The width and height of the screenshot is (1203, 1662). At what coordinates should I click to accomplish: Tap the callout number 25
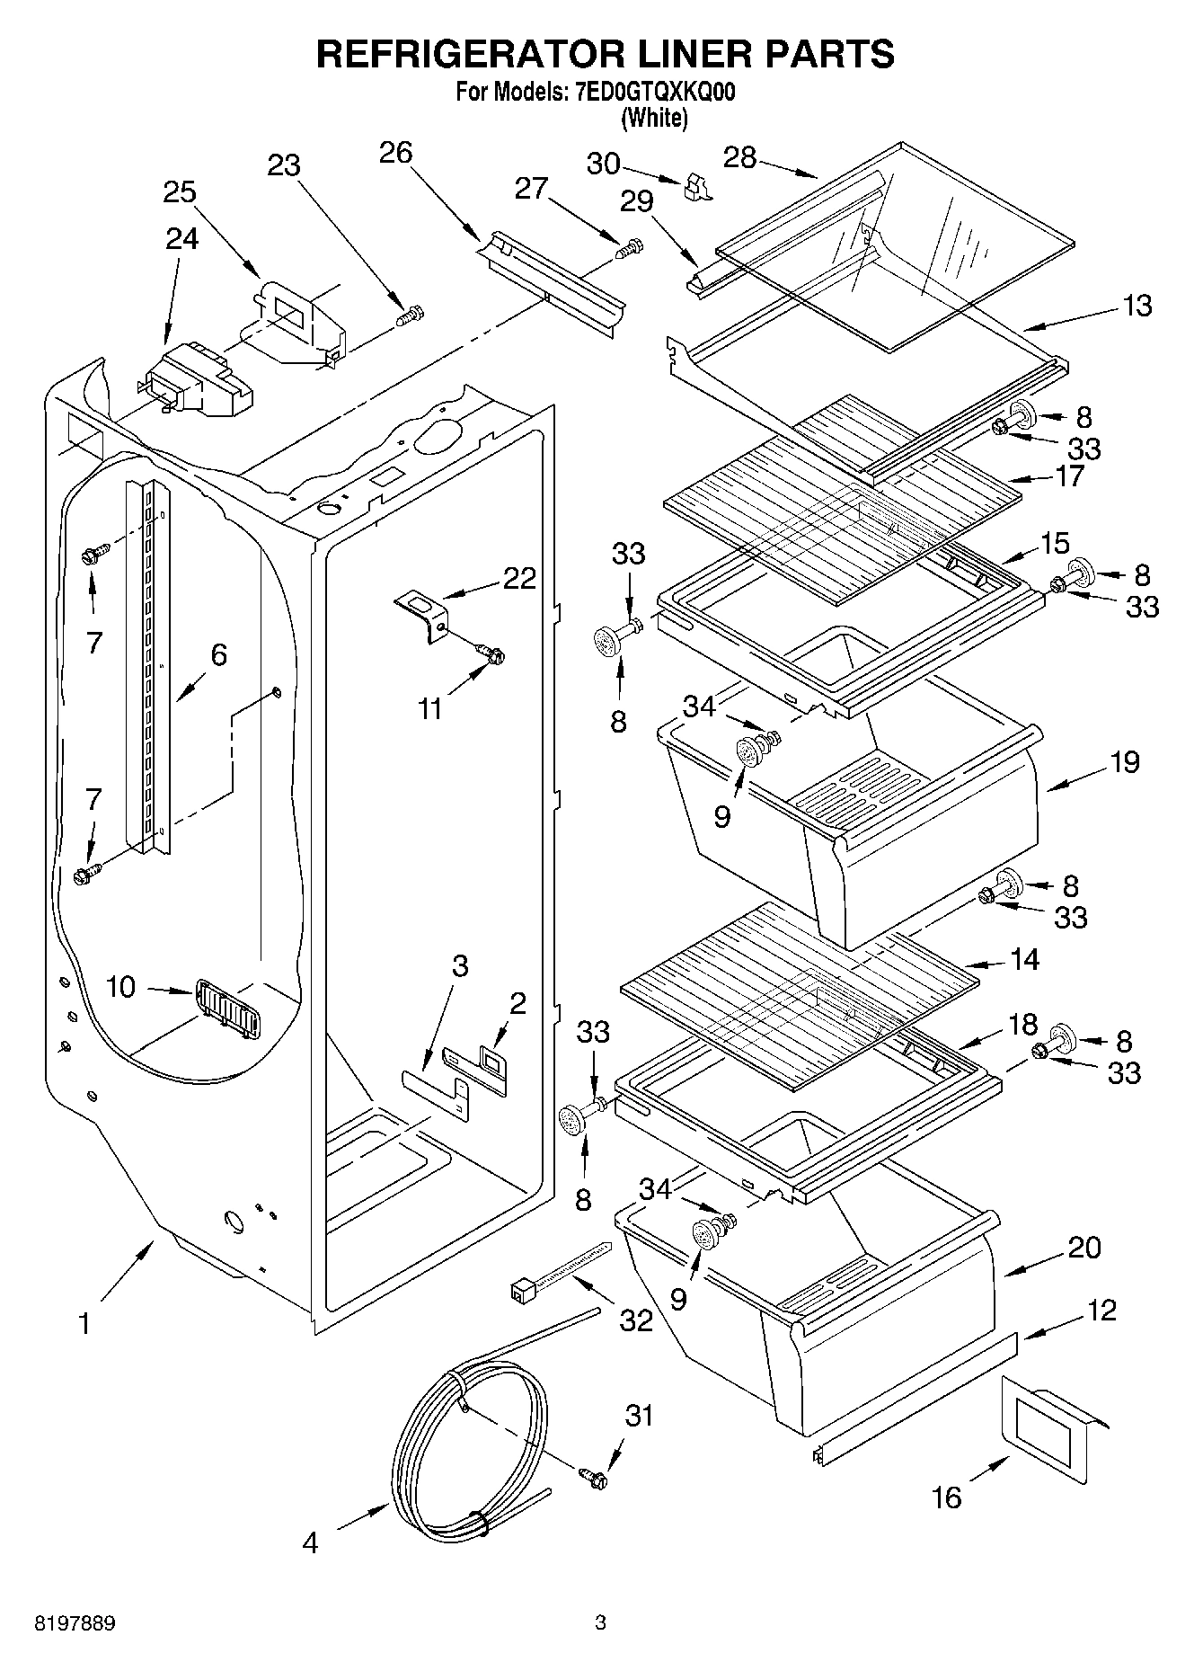[180, 191]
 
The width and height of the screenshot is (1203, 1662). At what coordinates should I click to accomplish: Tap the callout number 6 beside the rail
[218, 655]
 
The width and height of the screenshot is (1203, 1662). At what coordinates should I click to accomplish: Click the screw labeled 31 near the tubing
[593, 1476]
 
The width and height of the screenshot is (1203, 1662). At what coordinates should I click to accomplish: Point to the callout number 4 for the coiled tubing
[310, 1542]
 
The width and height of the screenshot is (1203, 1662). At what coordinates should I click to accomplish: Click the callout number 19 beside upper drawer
[1124, 761]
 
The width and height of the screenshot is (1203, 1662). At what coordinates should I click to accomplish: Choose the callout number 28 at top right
[740, 158]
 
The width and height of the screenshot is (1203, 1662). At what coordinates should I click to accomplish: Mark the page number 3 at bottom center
[600, 1622]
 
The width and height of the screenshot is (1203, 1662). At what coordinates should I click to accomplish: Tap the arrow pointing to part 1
[127, 1269]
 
